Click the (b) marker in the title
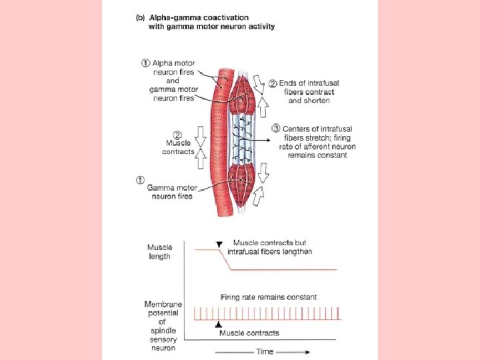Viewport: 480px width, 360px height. (x=140, y=18)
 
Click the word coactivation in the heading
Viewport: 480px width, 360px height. (x=226, y=18)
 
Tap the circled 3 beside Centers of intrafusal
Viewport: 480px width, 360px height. (x=276, y=129)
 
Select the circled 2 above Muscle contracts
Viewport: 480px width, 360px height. (x=177, y=135)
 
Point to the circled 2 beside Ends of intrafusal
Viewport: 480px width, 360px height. (x=273, y=83)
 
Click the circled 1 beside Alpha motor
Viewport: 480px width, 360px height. (x=145, y=63)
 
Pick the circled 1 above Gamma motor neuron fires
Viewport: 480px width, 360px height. (x=140, y=180)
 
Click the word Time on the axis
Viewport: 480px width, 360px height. (x=265, y=351)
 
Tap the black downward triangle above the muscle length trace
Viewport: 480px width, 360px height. (x=219, y=244)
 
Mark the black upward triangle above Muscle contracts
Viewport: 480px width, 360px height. (x=218, y=324)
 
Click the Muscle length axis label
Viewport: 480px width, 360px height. (x=159, y=251)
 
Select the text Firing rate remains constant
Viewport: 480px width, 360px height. (x=269, y=297)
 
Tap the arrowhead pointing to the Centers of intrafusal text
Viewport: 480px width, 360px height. (x=269, y=140)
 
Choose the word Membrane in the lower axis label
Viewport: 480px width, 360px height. (x=163, y=304)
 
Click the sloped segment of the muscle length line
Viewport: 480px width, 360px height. (x=225, y=260)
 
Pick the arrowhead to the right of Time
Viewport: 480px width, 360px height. (x=307, y=352)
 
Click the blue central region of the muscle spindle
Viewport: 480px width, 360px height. (x=243, y=140)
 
